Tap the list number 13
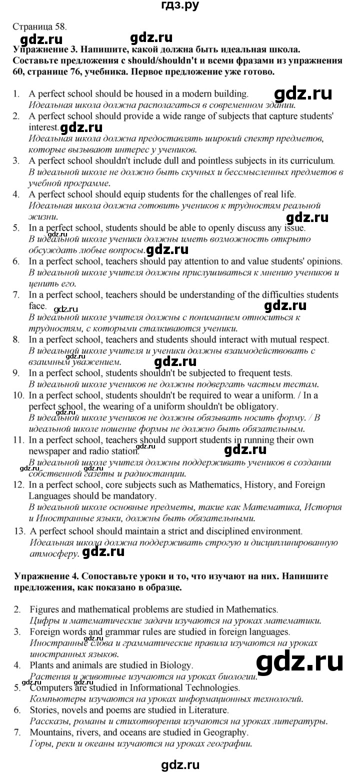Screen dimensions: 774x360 (18, 530)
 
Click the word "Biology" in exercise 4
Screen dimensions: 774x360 (175, 665)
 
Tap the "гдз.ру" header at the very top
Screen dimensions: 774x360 (180, 6)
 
